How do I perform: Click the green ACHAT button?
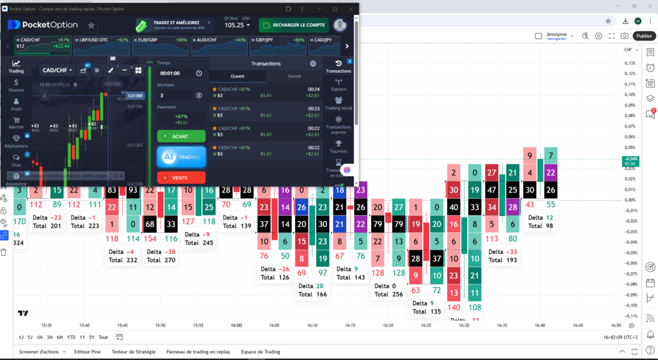(x=181, y=136)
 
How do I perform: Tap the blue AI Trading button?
(x=181, y=157)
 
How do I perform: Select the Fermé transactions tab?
(x=295, y=77)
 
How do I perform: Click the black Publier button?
(x=644, y=36)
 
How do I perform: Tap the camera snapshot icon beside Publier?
(x=625, y=36)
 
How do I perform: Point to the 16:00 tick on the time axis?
(x=236, y=325)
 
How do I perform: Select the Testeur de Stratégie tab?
(x=134, y=351)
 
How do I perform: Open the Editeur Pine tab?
(x=87, y=351)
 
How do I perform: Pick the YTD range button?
(x=71, y=337)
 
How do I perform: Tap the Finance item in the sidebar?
(x=16, y=86)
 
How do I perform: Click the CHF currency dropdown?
(x=631, y=50)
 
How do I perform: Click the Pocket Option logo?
(x=43, y=25)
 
